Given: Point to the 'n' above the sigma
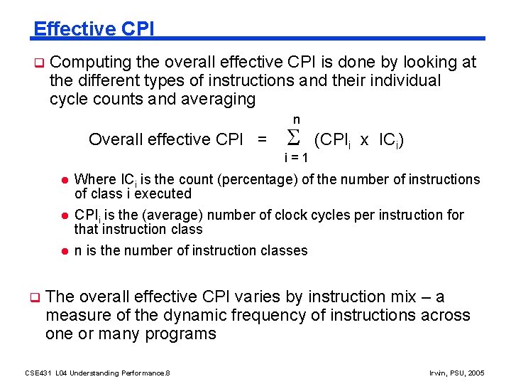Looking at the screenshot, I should point(296,119).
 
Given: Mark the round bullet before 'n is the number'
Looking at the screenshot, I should point(62,251).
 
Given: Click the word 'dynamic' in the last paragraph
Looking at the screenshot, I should point(209,315).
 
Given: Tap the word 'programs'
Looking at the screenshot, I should point(181,334).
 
